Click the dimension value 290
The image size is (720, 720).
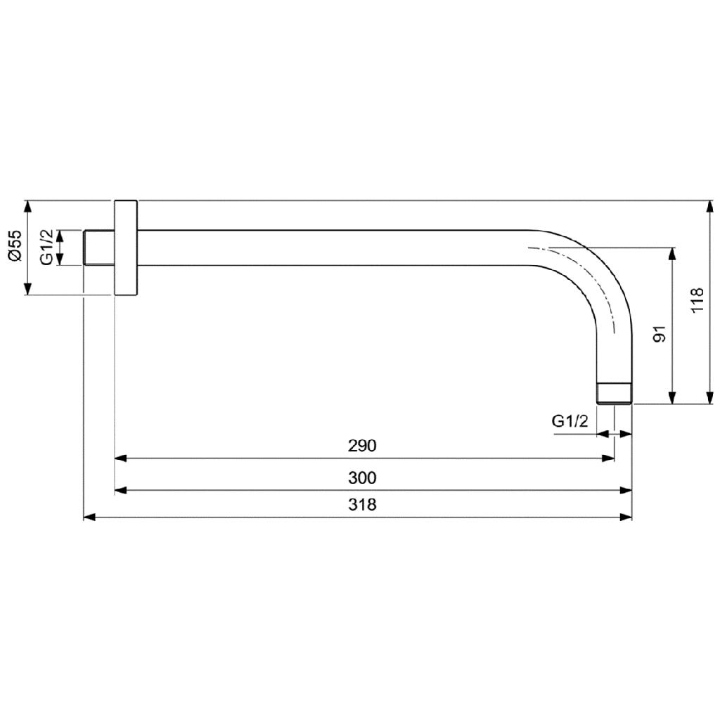point(362,445)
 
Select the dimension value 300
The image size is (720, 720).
point(362,478)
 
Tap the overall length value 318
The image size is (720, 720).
point(362,505)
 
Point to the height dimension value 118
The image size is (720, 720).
point(697,300)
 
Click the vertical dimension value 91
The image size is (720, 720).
point(660,334)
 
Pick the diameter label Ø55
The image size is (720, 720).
point(15,245)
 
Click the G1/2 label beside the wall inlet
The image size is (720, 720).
point(46,247)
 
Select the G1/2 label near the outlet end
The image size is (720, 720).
point(570,420)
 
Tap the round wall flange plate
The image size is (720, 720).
point(125,247)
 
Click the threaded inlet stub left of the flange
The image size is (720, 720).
point(98,247)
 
